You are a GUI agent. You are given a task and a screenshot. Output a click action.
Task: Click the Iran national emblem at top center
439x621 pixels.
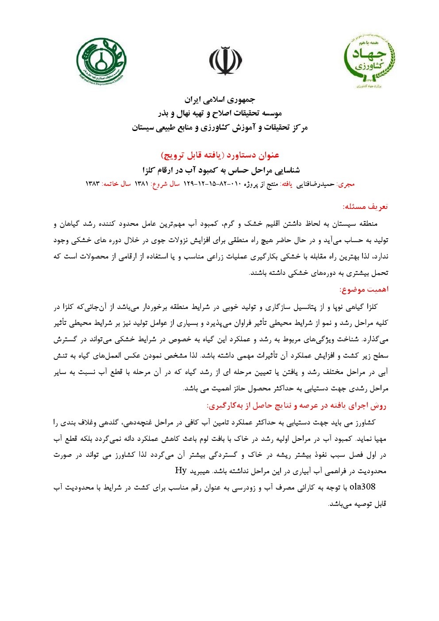point(225,61)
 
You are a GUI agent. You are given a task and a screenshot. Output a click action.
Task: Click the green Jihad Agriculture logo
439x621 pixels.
point(370,61)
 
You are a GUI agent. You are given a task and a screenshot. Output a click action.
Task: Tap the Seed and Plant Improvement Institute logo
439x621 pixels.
point(101,61)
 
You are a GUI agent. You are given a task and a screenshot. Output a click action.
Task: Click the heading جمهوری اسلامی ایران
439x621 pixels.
point(220,100)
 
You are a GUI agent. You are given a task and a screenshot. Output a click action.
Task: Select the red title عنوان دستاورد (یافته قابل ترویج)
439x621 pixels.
point(220,155)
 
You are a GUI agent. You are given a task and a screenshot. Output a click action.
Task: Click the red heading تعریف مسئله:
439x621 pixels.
point(365,207)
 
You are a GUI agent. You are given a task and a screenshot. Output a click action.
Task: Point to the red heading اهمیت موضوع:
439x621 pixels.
point(364,289)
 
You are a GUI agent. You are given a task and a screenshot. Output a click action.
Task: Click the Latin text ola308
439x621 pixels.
point(362,487)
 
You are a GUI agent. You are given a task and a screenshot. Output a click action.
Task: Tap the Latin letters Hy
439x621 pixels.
point(181,471)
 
